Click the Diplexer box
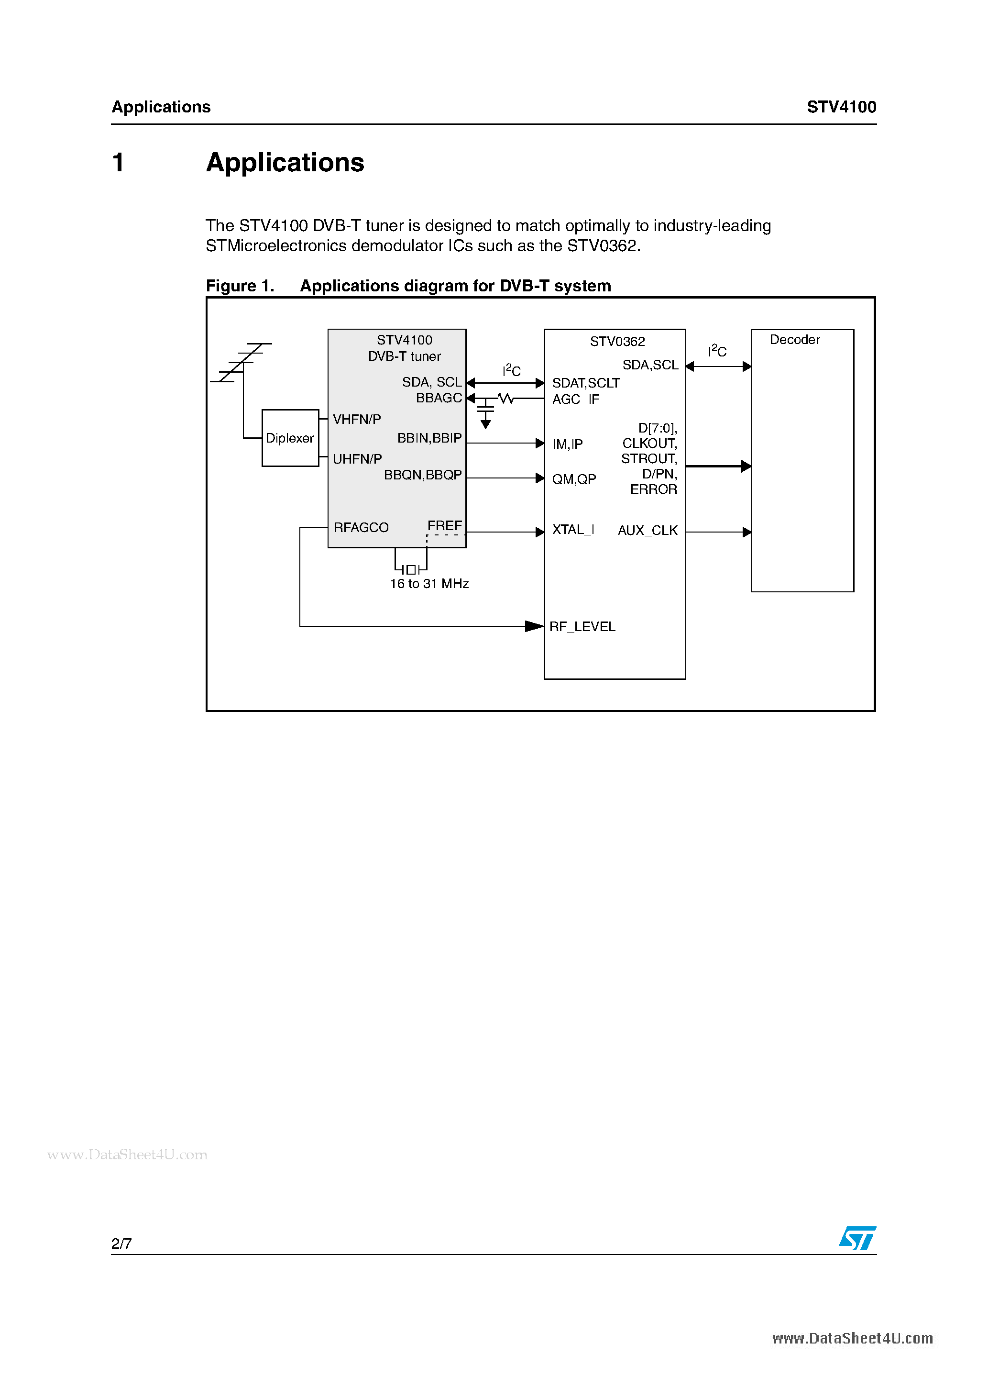pyautogui.click(x=290, y=438)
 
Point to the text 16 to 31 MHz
pyautogui.click(x=429, y=584)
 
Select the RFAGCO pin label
pyautogui.click(x=361, y=527)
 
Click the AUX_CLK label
pyautogui.click(x=648, y=530)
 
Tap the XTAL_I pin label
pyautogui.click(x=572, y=530)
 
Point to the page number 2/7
pyautogui.click(x=121, y=1243)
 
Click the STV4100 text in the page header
pyautogui.click(x=841, y=107)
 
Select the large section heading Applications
pyautogui.click(x=285, y=163)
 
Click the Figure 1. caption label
pyautogui.click(x=240, y=286)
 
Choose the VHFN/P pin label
pyautogui.click(x=356, y=419)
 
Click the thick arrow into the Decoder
pyautogui.click(x=719, y=466)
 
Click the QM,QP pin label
pyautogui.click(x=574, y=479)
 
